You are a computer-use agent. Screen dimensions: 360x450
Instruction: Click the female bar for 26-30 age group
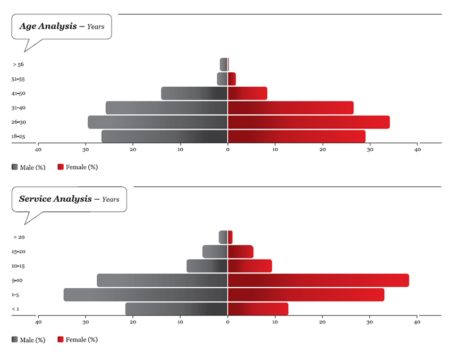click(309, 122)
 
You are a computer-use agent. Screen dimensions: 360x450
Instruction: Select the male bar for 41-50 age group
click(194, 93)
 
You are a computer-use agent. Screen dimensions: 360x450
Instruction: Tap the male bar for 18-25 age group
click(165, 136)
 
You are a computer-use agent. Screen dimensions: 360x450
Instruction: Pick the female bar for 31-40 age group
click(291, 108)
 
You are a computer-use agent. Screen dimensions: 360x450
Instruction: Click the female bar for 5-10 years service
click(318, 280)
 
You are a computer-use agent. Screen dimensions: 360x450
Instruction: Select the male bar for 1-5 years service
click(146, 295)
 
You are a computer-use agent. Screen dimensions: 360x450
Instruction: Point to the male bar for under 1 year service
click(176, 308)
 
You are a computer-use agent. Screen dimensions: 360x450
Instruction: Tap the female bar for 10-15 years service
click(250, 266)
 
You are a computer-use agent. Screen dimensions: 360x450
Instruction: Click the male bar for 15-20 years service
click(215, 252)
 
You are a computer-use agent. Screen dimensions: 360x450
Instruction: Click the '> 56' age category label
click(18, 65)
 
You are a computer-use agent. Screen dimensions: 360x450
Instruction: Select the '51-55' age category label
click(18, 79)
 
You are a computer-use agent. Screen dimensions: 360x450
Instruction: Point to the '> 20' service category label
click(19, 237)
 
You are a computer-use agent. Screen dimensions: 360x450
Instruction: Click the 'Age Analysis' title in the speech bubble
click(48, 26)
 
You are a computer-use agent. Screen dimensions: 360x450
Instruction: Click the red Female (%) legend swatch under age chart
click(61, 167)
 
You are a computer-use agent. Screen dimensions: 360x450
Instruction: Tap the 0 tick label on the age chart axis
click(228, 150)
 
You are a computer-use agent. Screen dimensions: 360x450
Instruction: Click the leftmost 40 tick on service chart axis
click(38, 322)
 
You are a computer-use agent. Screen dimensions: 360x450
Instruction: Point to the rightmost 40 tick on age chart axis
click(418, 150)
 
